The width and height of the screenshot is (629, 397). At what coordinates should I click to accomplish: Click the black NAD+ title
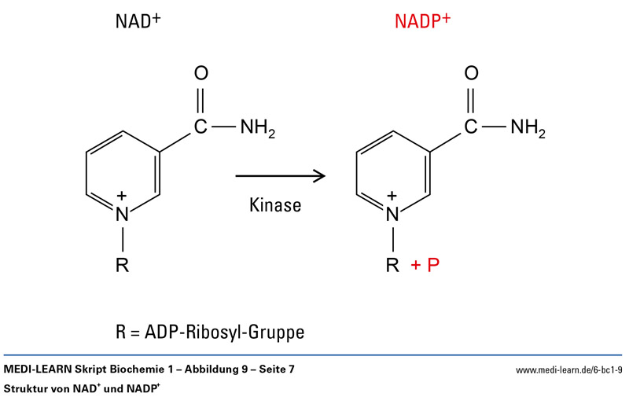point(138,21)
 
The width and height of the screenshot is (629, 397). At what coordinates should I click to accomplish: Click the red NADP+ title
point(422,21)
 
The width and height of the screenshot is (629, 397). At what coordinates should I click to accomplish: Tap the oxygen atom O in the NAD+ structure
point(201,73)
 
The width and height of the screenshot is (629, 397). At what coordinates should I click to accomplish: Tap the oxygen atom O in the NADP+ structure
point(471,73)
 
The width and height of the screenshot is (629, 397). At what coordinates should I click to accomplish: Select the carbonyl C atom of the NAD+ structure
point(200,127)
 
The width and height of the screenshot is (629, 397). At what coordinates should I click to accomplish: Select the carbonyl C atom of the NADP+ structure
point(471,127)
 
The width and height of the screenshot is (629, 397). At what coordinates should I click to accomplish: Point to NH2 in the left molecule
point(258,128)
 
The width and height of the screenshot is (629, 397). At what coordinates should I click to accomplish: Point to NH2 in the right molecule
point(528,128)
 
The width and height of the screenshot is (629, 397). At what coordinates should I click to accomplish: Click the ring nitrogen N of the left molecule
point(123,214)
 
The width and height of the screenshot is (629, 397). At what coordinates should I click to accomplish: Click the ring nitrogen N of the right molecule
point(392,214)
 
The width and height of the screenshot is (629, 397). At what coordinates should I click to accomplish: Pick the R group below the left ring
point(123,265)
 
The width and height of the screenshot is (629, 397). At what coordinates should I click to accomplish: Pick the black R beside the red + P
point(392,265)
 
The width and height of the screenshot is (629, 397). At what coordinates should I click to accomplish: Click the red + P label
point(425,265)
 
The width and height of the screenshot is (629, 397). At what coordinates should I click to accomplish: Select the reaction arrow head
point(320,175)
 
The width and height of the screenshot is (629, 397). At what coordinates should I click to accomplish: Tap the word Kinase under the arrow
point(275,205)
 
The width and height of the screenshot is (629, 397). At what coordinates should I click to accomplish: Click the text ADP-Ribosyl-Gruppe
point(225,333)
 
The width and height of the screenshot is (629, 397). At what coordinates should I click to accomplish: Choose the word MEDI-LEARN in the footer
point(38,369)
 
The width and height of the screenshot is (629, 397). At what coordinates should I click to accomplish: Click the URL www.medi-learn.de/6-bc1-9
point(569,370)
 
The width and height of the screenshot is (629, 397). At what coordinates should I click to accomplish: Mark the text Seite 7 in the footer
point(277,369)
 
